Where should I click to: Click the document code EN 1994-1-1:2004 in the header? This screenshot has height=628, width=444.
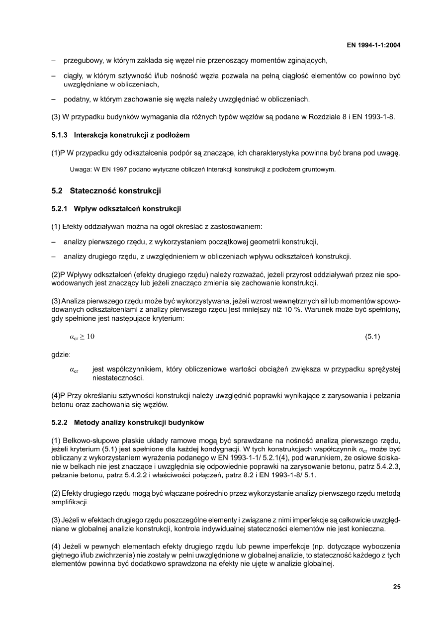coord(373,46)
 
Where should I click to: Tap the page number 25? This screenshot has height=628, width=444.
coord(397,587)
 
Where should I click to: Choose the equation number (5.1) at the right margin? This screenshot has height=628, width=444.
coord(373,337)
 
